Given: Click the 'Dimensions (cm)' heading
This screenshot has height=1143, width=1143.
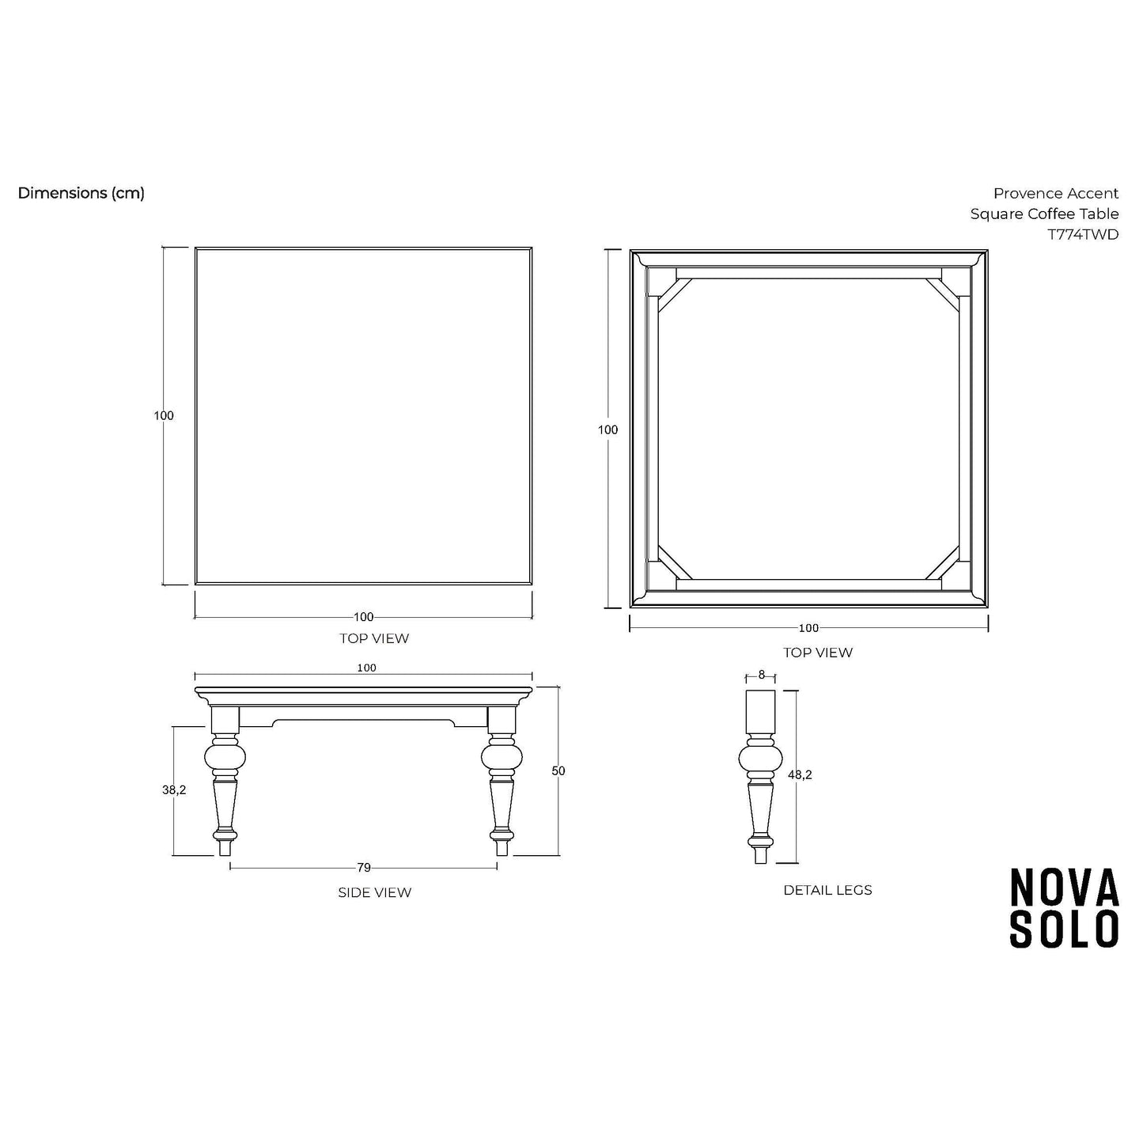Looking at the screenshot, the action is (81, 193).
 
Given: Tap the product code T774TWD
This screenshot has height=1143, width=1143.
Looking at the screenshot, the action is (1083, 235).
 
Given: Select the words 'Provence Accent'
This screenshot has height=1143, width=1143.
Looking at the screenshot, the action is (1056, 193).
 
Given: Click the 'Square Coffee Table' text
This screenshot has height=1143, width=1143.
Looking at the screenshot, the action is (1045, 214).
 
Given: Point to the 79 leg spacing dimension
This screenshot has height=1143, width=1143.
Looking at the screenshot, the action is (364, 868).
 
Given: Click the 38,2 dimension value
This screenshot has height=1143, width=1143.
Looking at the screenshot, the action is (174, 790).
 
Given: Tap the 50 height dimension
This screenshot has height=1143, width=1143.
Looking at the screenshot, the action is (558, 771).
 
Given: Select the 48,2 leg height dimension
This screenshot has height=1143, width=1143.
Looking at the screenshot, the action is (800, 774).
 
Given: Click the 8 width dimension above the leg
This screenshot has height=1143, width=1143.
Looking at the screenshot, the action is (762, 675).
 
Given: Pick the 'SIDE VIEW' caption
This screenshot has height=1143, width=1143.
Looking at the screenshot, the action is (374, 893).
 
